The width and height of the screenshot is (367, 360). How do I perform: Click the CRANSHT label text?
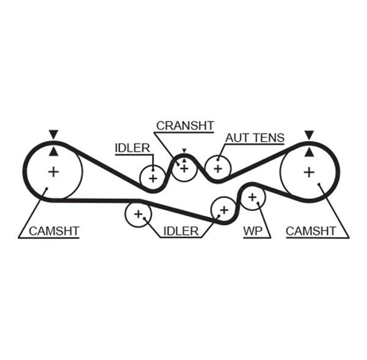185,125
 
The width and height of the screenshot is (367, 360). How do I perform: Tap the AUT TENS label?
254,138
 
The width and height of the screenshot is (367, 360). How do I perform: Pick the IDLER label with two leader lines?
181,231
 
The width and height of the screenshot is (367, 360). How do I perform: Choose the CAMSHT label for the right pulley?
310,231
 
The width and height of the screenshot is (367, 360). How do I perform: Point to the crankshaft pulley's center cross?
184,169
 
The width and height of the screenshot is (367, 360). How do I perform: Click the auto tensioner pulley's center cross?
217,169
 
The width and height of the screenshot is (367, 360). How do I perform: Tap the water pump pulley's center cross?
252,198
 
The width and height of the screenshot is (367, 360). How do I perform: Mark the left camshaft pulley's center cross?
53,171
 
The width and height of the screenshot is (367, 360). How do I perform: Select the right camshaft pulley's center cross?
310,171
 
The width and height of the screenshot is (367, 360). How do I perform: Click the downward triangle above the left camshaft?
53,134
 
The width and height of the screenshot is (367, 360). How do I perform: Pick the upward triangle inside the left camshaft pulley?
53,151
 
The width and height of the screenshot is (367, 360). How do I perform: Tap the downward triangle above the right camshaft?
310,135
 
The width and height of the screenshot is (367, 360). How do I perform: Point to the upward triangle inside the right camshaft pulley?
310,152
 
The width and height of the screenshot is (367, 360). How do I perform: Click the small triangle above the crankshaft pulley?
184,151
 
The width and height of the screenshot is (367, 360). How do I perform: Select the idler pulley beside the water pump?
223,209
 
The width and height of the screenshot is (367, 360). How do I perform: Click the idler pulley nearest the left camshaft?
138,214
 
